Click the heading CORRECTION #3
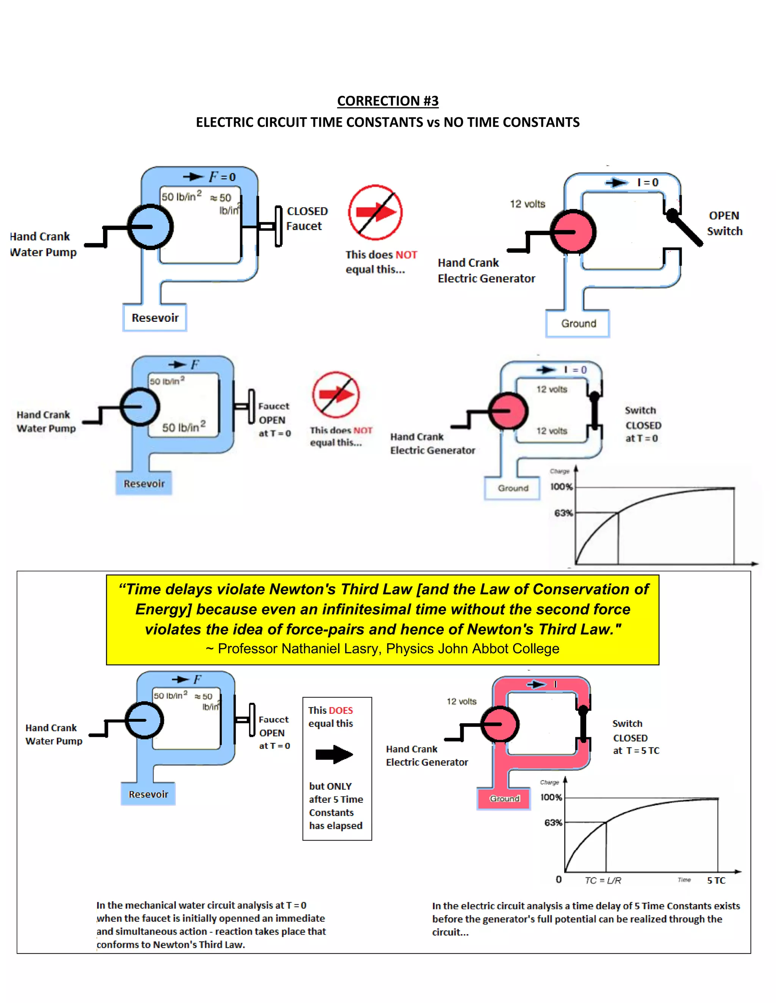[388, 101]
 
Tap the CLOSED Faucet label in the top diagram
[307, 219]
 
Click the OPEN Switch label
[724, 223]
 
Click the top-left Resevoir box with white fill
[155, 317]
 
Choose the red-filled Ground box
[504, 799]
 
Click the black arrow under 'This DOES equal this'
[334, 754]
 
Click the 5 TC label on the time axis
[716, 880]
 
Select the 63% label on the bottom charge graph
[553, 822]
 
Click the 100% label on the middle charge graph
[561, 486]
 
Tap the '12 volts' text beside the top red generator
[527, 204]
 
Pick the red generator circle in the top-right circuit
[573, 232]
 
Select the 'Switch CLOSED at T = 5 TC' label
[636, 737]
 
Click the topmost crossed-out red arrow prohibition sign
[375, 212]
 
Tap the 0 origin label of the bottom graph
[559, 880]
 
